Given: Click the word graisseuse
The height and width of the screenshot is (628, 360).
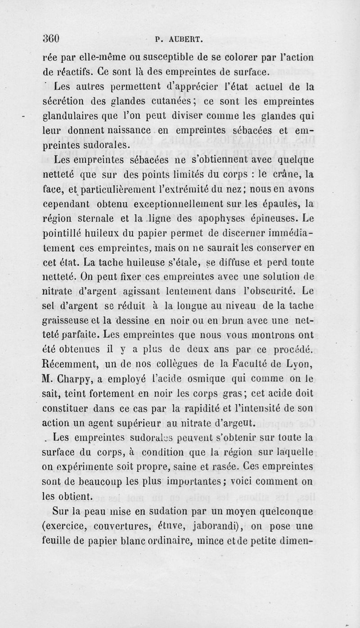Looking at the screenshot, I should pos(71,321).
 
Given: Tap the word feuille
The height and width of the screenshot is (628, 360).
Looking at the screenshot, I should pos(59,540).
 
